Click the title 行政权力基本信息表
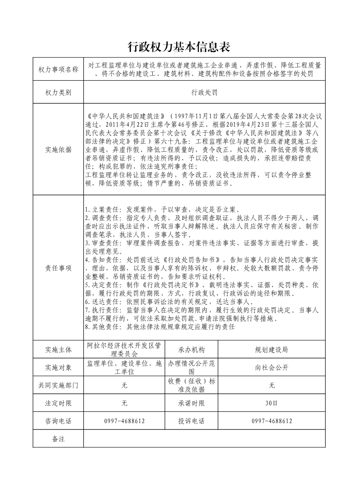(x=180, y=47)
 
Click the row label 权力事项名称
(x=58, y=69)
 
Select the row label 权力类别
(x=58, y=92)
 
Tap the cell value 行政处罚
(x=204, y=92)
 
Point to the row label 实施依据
(x=58, y=150)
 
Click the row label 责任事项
(x=58, y=268)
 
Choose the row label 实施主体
(x=58, y=350)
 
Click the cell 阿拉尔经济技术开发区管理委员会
(x=124, y=350)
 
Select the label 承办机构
(x=191, y=350)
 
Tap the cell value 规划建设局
(x=272, y=350)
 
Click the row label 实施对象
(x=58, y=367)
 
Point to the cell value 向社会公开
(x=272, y=367)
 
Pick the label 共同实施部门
(x=58, y=386)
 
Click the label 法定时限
(x=58, y=403)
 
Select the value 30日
(x=272, y=403)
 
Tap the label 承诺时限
(x=191, y=403)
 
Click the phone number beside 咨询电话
(x=124, y=421)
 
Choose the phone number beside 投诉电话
(x=272, y=421)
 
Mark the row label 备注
(x=58, y=439)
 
